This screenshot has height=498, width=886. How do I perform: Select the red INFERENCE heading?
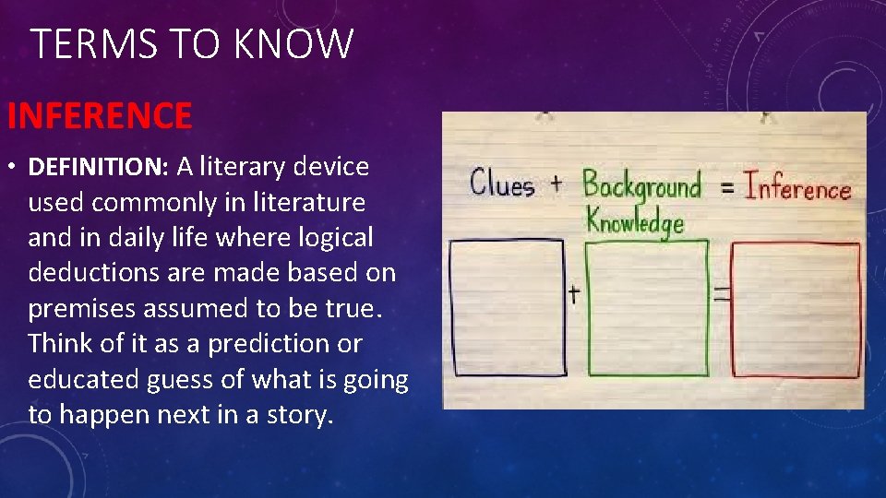(x=100, y=116)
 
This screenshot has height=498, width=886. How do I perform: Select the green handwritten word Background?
(x=641, y=185)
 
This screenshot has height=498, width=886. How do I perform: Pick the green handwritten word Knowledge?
(x=635, y=220)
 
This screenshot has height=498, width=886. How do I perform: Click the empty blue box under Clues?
(x=507, y=307)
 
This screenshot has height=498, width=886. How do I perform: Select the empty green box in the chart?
(x=647, y=308)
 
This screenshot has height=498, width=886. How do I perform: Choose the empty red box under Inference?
(x=796, y=311)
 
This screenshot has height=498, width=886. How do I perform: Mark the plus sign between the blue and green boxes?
(x=574, y=294)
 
